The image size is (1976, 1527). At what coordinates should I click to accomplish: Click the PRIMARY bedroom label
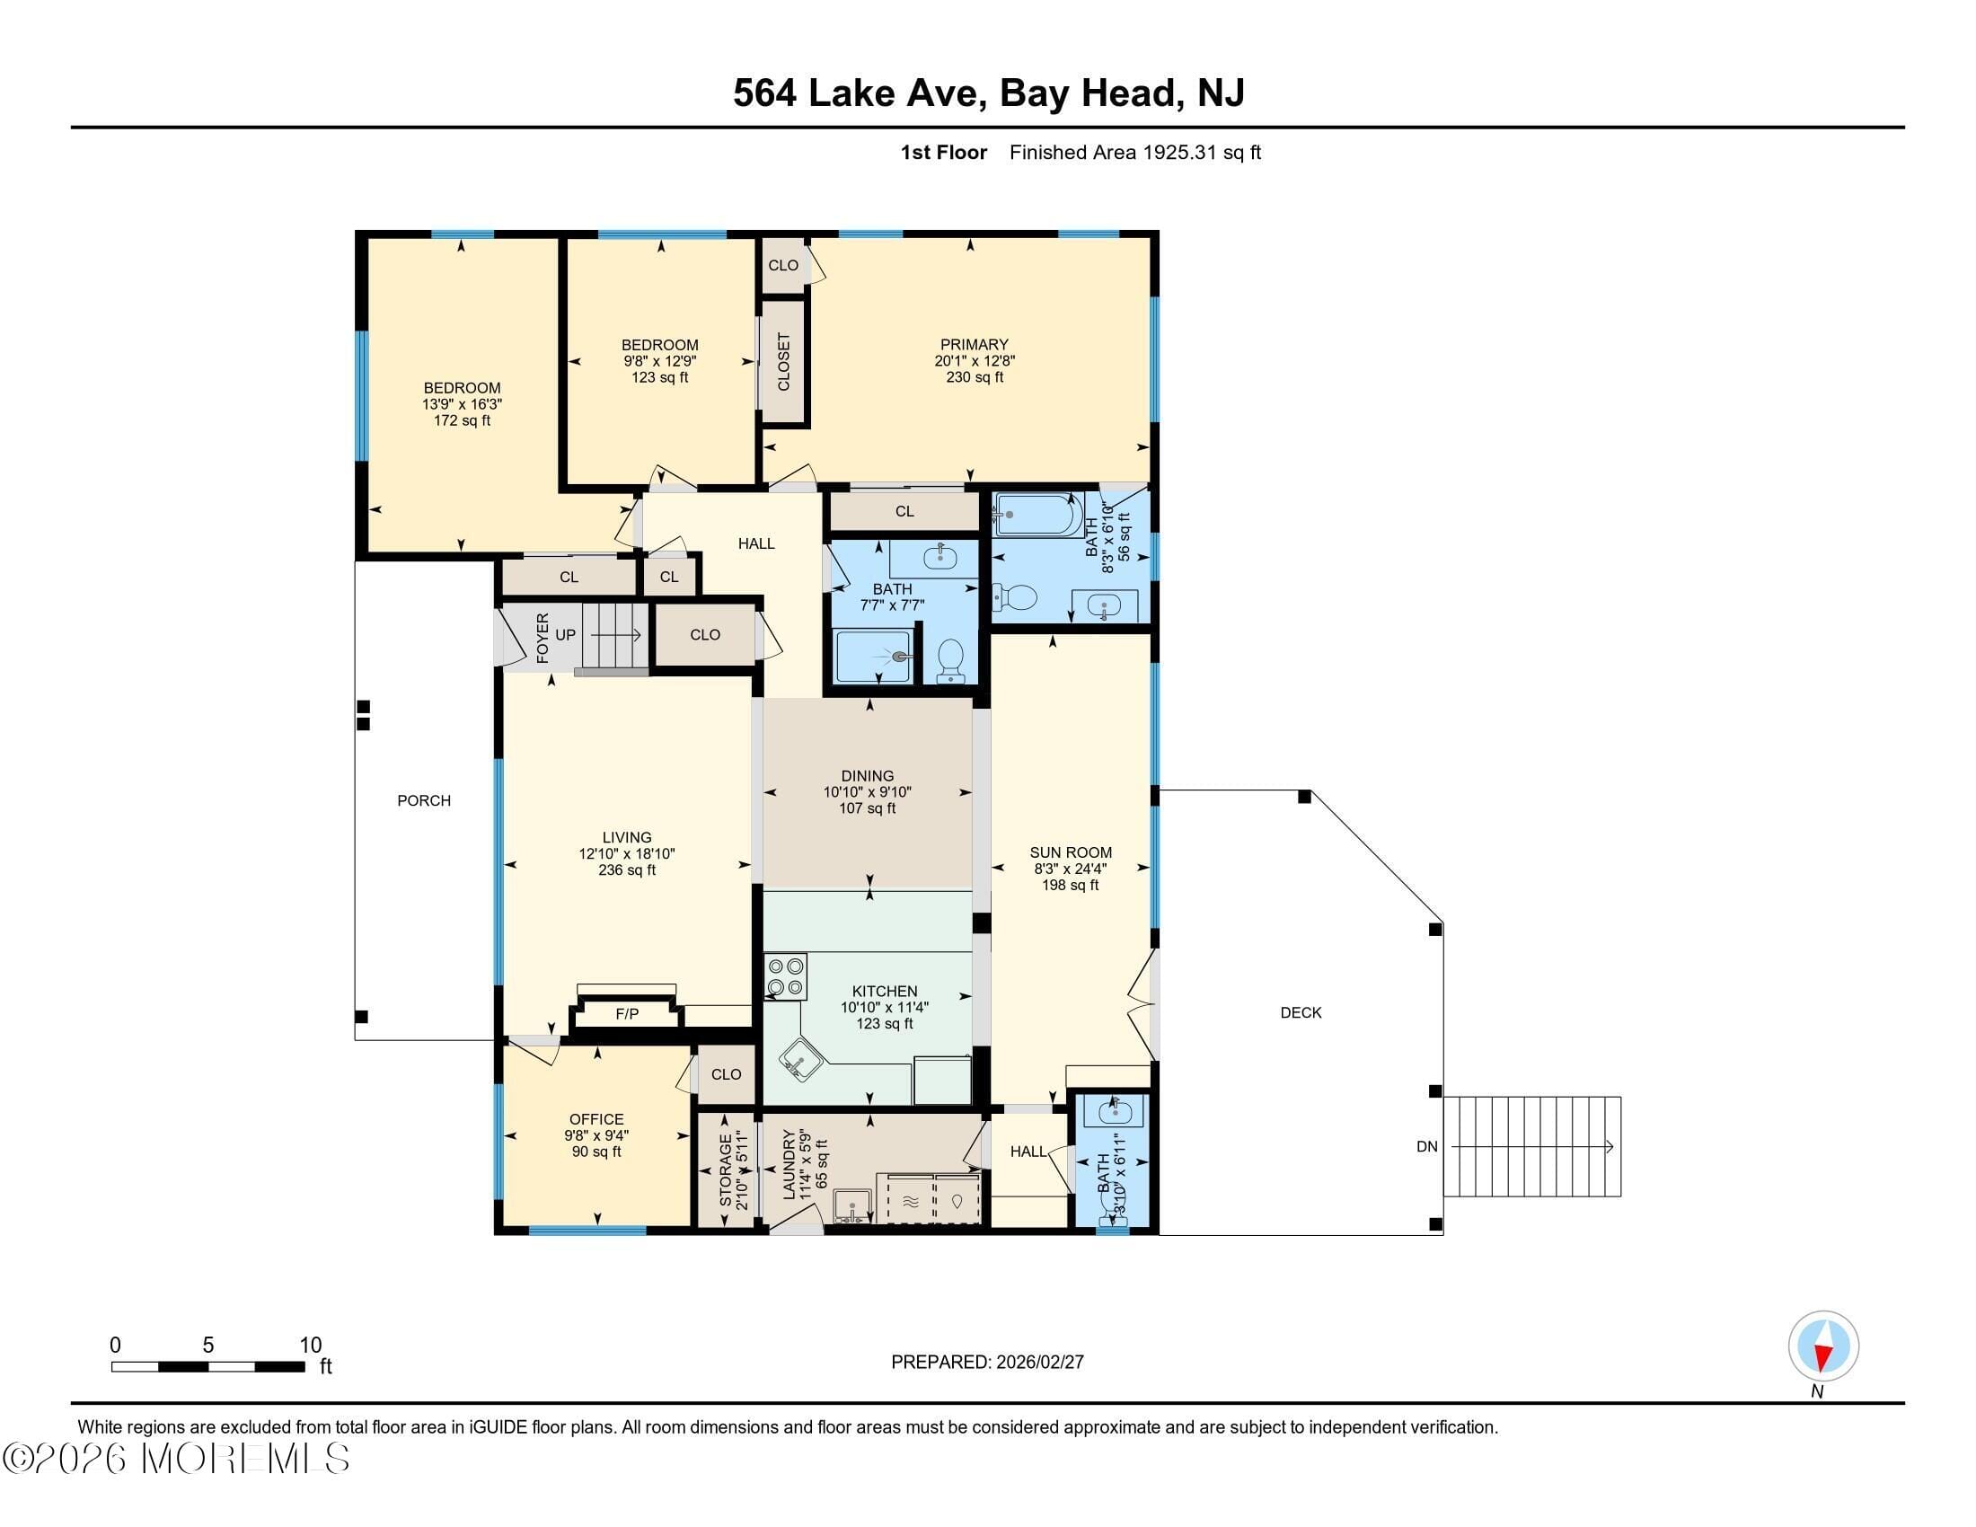pyautogui.click(x=974, y=345)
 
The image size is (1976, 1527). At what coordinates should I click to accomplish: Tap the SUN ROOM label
pyautogui.click(x=1071, y=852)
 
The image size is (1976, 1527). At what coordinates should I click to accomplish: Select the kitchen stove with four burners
pyautogui.click(x=785, y=978)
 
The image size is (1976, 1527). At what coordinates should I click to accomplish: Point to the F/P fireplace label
pyautogui.click(x=626, y=1014)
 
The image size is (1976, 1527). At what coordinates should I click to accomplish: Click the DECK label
pyautogui.click(x=1301, y=1012)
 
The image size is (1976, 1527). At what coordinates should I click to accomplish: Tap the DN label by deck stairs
pyautogui.click(x=1426, y=1146)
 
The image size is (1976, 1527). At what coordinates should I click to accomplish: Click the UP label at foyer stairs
pyautogui.click(x=565, y=635)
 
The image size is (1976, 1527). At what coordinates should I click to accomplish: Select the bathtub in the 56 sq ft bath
pyautogui.click(x=1037, y=516)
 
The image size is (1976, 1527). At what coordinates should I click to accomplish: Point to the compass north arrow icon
pyautogui.click(x=1823, y=1346)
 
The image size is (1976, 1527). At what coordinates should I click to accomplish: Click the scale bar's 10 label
pyautogui.click(x=311, y=1346)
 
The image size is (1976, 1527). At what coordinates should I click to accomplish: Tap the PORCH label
pyautogui.click(x=423, y=800)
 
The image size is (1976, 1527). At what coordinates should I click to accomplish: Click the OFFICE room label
pyautogui.click(x=596, y=1119)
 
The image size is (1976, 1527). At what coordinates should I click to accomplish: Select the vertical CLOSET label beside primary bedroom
pyautogui.click(x=783, y=362)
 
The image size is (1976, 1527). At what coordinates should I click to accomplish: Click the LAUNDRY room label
pyautogui.click(x=788, y=1165)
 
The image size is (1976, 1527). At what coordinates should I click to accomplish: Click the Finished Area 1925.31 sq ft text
pyautogui.click(x=1134, y=153)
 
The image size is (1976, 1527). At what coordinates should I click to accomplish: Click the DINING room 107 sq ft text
pyautogui.click(x=867, y=808)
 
